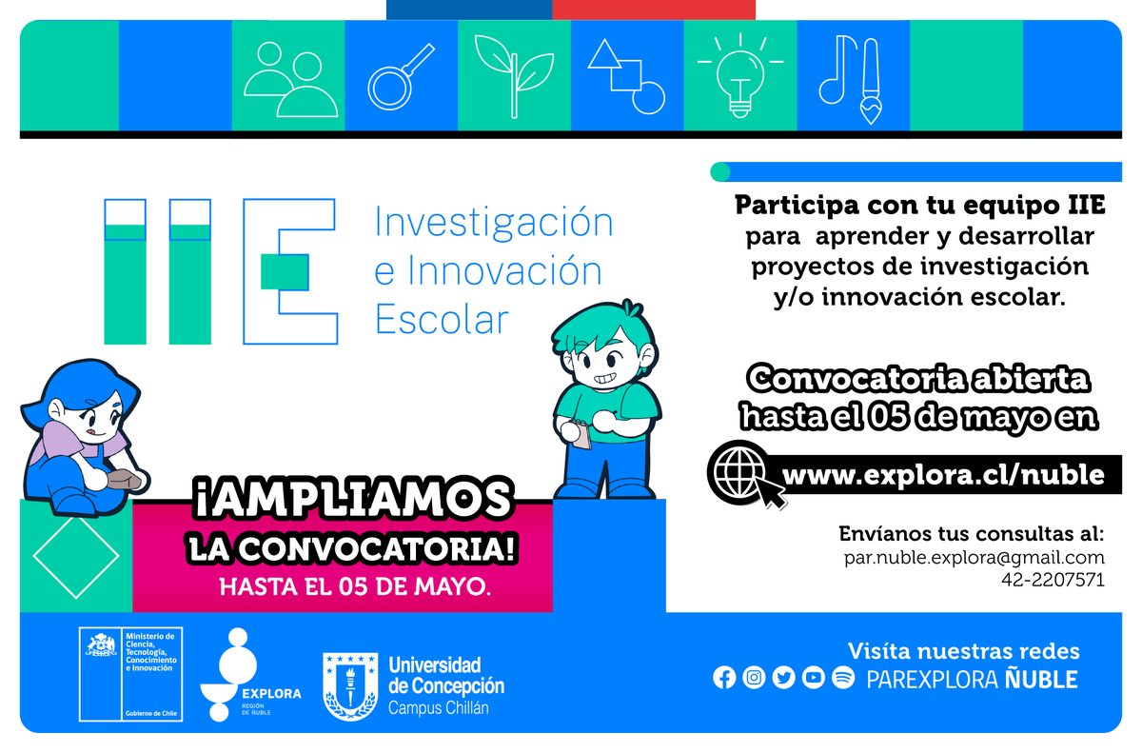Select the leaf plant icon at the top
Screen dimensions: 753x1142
click(514, 76)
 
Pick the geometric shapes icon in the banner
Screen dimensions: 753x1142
click(625, 76)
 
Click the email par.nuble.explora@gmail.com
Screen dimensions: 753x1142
click(974, 557)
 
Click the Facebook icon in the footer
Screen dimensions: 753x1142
click(724, 679)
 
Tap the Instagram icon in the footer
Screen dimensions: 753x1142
click(754, 679)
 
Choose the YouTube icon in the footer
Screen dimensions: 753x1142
click(813, 679)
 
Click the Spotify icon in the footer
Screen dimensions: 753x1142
click(842, 679)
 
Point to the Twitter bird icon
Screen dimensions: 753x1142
click(783, 679)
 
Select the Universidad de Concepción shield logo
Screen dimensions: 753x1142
click(349, 684)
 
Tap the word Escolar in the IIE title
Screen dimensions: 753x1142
click(443, 320)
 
